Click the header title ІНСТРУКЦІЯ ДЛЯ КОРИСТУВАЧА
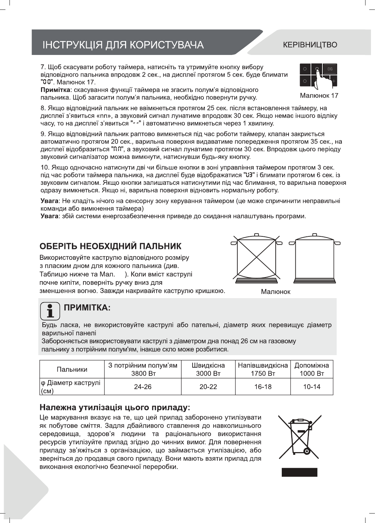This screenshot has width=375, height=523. pyautogui.click(x=123, y=45)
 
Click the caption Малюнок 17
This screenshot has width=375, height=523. pyautogui.click(x=319, y=96)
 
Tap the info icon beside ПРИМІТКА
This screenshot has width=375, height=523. pyautogui.click(x=50, y=311)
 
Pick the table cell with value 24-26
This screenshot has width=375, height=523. pyautogui.click(x=143, y=387)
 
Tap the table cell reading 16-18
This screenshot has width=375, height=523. pyautogui.click(x=263, y=387)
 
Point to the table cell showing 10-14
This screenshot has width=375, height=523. pyautogui.click(x=312, y=387)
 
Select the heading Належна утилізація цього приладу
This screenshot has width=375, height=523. pyautogui.click(x=115, y=406)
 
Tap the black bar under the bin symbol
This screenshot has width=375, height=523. pyautogui.click(x=299, y=472)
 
